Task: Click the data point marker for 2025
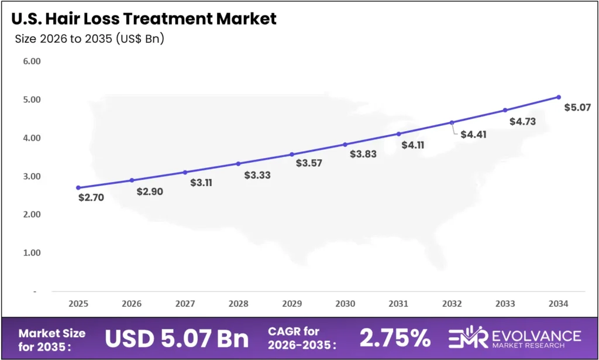[x=78, y=188]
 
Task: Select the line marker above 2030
[x=345, y=144]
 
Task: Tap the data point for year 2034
[x=559, y=97]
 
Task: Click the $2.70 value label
[x=91, y=197]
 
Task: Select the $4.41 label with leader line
[x=473, y=134]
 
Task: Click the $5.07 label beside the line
[x=577, y=107]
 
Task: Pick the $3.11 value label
[x=202, y=182]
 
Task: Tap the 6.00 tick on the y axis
[x=32, y=61]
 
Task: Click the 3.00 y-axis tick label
[x=32, y=176]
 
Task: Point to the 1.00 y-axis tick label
[x=32, y=253]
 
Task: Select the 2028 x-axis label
[x=238, y=304]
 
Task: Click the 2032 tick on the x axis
[x=452, y=304]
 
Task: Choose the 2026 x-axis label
[x=132, y=304]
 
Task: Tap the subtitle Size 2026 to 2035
[x=89, y=40]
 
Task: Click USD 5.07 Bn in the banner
[x=177, y=339]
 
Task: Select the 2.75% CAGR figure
[x=395, y=339]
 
